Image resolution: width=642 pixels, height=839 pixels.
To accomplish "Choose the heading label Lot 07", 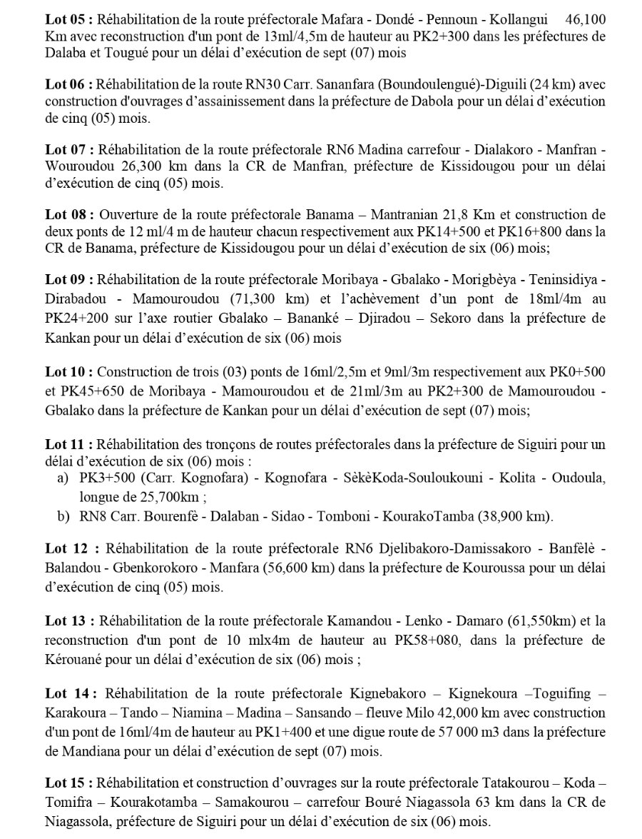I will point(68,151).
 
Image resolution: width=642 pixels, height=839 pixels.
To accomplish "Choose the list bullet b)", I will point(63,515).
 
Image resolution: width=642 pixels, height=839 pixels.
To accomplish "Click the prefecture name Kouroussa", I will point(461,572).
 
